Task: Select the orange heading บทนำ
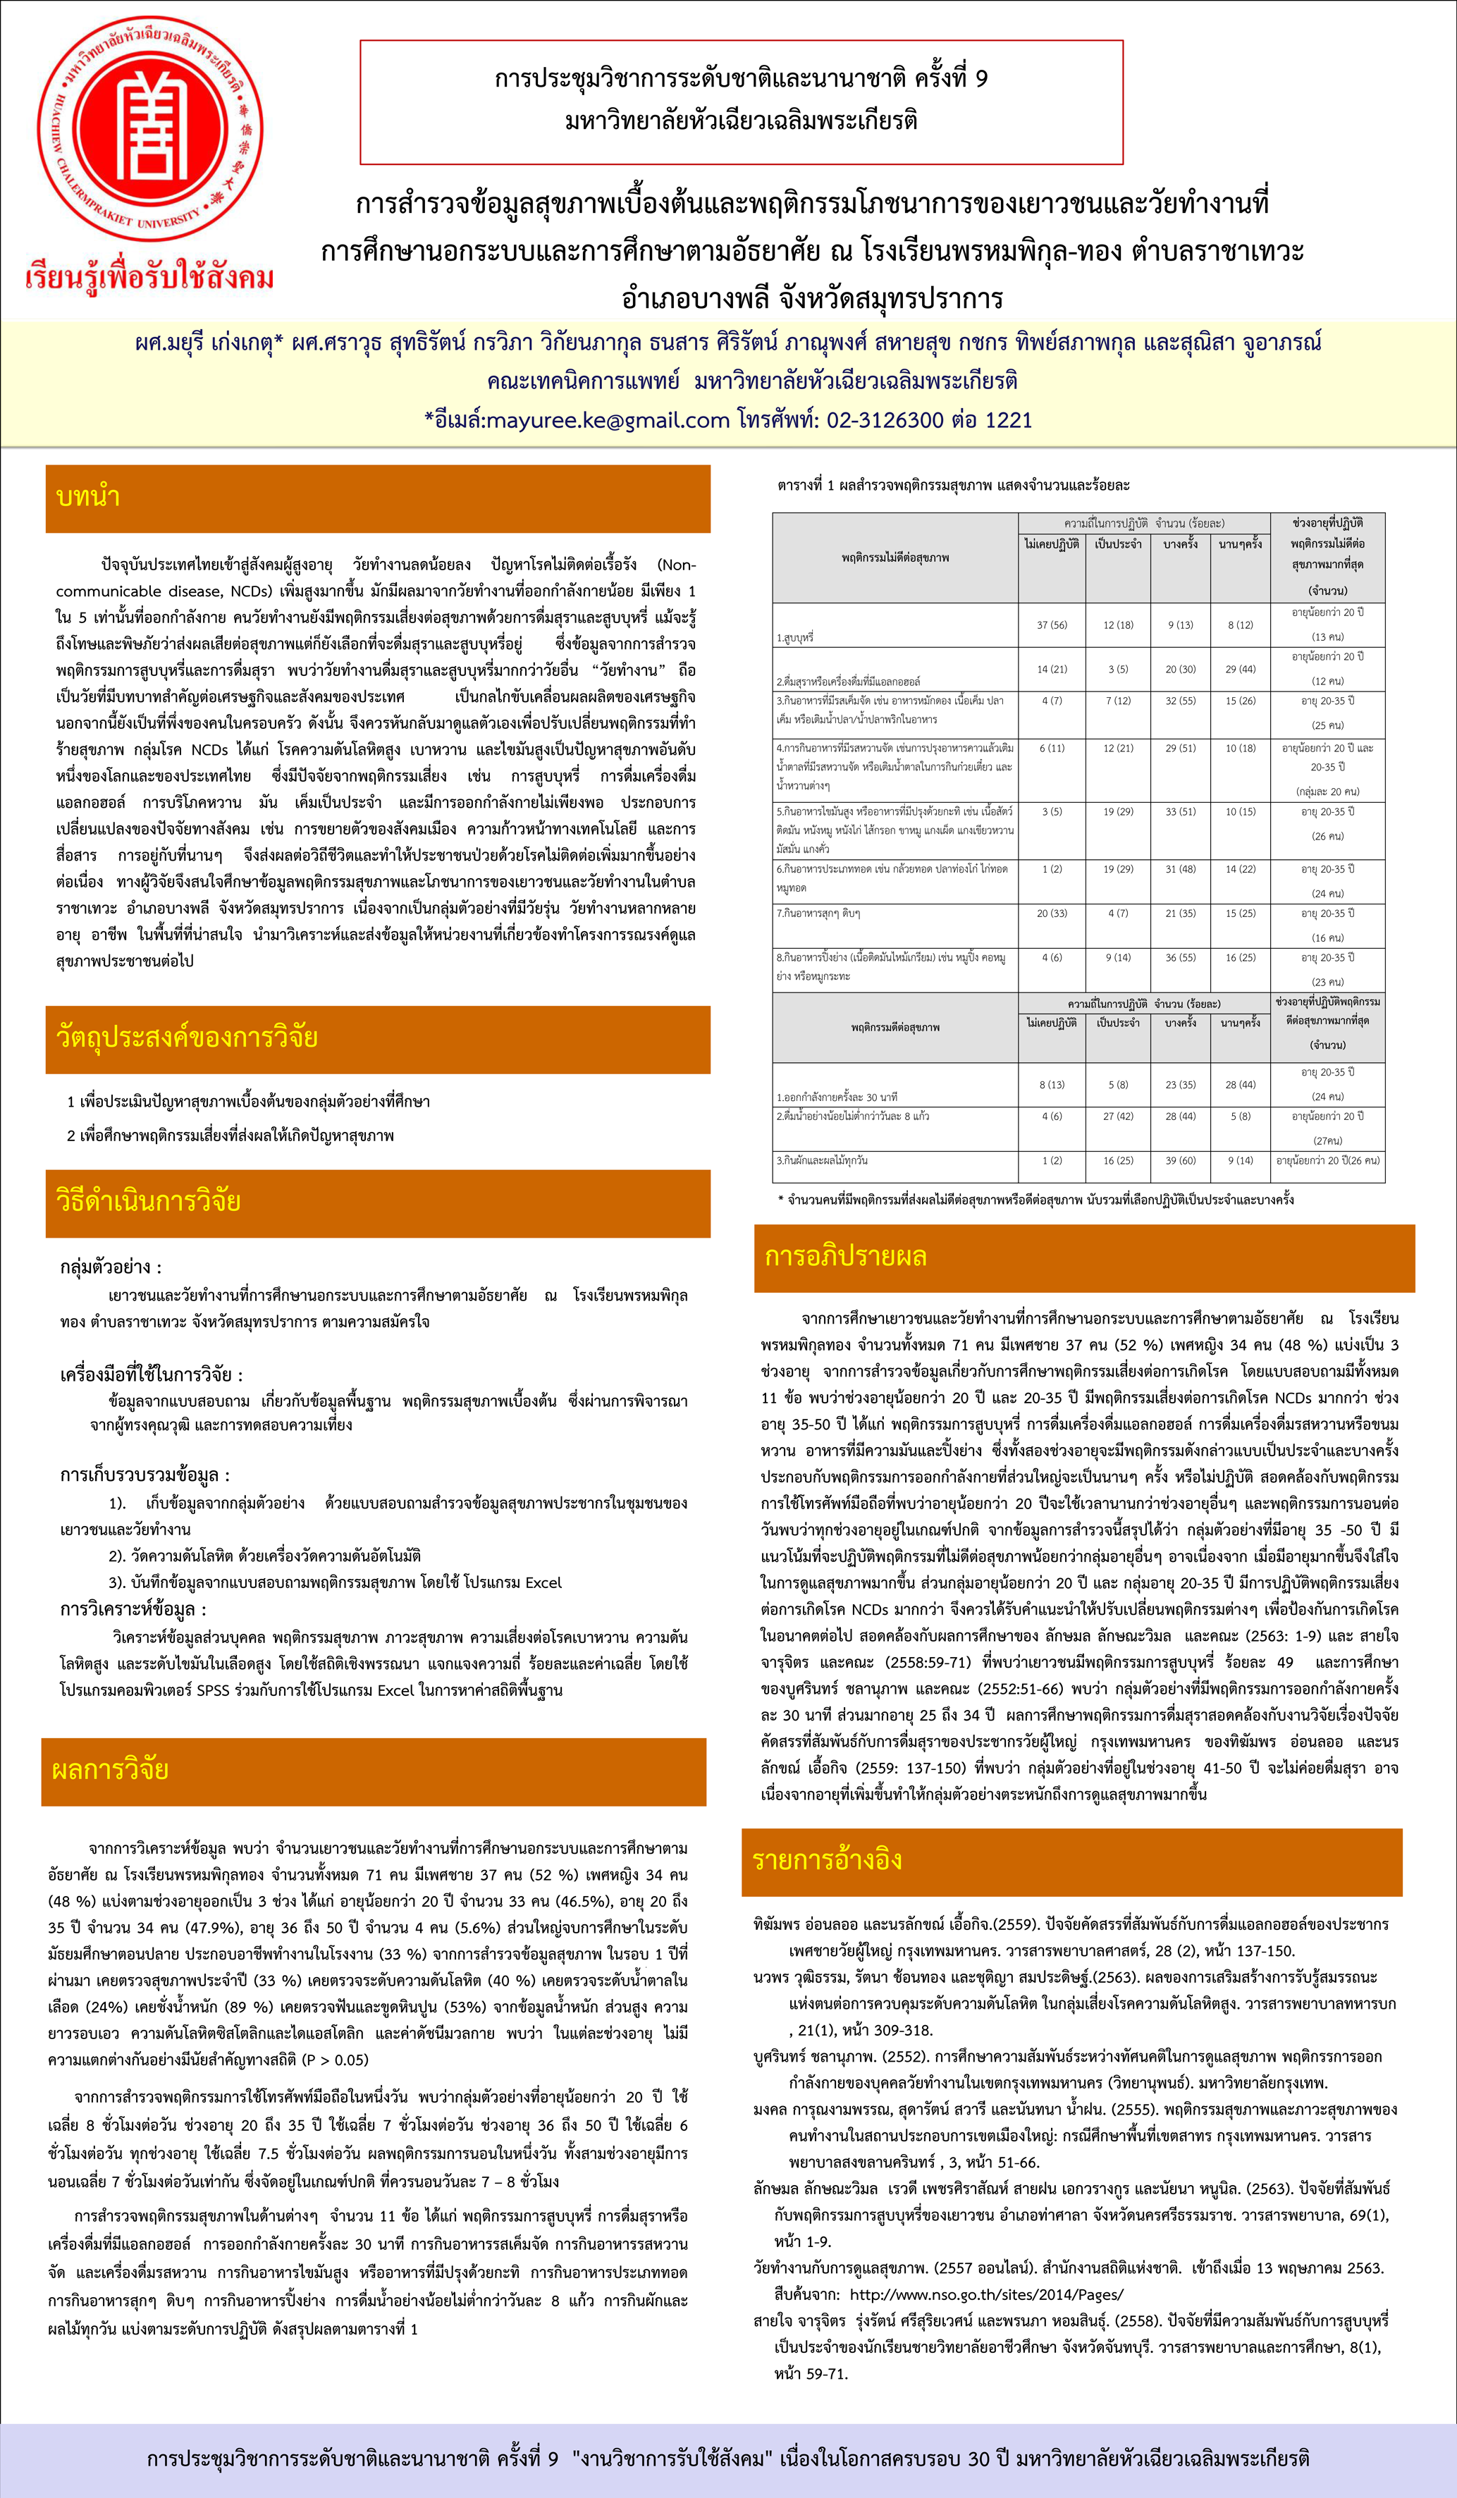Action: point(90,498)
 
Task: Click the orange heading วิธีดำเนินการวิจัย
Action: point(149,1201)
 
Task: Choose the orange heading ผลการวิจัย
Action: point(110,1769)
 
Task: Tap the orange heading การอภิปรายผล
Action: point(845,1257)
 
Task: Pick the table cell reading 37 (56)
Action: point(1052,625)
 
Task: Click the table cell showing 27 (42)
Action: point(1118,1116)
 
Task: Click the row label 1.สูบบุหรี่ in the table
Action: point(796,639)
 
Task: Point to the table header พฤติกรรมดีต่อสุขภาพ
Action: point(895,1028)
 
